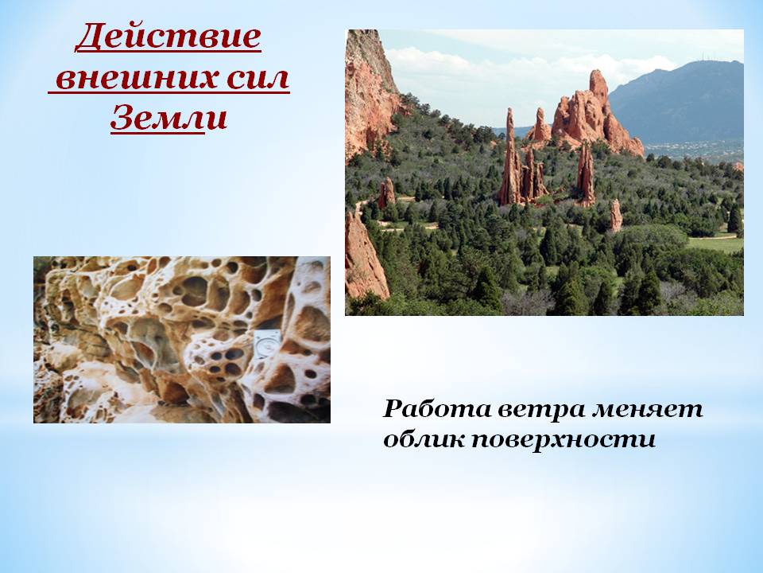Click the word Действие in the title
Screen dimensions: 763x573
click(x=168, y=37)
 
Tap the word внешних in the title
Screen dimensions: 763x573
click(x=136, y=78)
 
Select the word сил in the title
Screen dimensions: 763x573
click(x=258, y=78)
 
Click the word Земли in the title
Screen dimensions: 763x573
click(x=168, y=118)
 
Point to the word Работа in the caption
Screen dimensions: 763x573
click(x=437, y=408)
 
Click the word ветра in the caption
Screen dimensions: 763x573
click(x=541, y=410)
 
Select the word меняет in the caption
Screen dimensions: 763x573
click(x=647, y=410)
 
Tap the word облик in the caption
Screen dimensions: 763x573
click(x=424, y=439)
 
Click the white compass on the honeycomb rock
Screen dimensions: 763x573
click(x=267, y=345)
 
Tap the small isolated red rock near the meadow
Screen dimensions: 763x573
click(x=615, y=215)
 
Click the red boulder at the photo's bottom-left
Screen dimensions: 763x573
click(x=364, y=258)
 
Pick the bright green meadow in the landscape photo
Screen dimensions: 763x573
click(x=715, y=244)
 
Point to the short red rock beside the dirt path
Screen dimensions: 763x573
click(x=387, y=193)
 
